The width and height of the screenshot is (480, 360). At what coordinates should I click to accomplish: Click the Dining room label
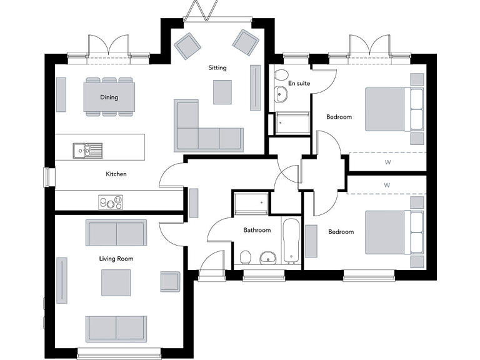(109, 97)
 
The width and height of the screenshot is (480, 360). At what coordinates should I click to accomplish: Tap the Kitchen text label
(116, 174)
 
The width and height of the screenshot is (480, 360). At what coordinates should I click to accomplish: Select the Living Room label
(116, 258)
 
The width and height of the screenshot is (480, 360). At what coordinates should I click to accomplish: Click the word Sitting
(217, 67)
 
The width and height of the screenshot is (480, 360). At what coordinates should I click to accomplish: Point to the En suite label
(299, 82)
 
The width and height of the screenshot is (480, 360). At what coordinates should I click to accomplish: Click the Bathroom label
(257, 231)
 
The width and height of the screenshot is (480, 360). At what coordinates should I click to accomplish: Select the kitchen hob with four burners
(111, 202)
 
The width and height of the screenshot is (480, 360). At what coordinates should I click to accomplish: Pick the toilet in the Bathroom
(246, 257)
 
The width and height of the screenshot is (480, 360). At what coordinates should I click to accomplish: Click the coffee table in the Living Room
(116, 282)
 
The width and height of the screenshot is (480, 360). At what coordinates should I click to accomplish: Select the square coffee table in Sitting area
(221, 92)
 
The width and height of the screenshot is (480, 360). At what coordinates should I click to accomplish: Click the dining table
(109, 97)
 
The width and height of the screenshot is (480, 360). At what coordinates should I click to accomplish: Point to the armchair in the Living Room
(170, 281)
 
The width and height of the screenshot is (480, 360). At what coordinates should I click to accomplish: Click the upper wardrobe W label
(387, 162)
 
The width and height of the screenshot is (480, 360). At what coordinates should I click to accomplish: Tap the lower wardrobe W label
(387, 185)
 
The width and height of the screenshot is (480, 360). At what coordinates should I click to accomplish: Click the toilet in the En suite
(279, 76)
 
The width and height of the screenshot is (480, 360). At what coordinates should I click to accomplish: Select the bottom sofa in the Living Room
(116, 328)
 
